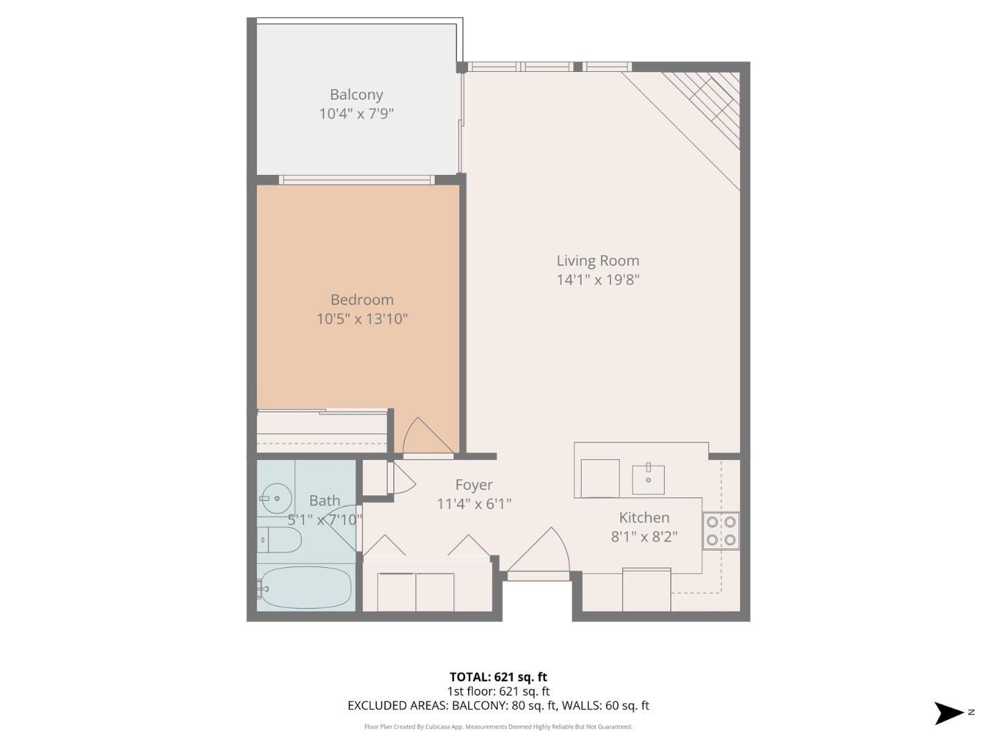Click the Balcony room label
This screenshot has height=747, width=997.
pyautogui.click(x=356, y=95)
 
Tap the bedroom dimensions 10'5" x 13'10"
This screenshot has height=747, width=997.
pyautogui.click(x=361, y=319)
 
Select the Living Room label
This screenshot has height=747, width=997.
pyautogui.click(x=598, y=261)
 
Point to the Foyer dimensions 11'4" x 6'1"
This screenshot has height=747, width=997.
pyautogui.click(x=474, y=504)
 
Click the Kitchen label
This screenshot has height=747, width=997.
pyautogui.click(x=644, y=517)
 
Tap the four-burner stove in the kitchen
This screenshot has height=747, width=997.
pyautogui.click(x=721, y=531)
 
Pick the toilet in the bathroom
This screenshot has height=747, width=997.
pyautogui.click(x=280, y=539)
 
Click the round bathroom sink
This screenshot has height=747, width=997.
pyautogui.click(x=276, y=497)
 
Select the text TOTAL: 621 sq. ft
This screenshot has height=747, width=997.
pyautogui.click(x=498, y=677)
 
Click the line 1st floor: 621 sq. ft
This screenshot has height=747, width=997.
pyautogui.click(x=498, y=691)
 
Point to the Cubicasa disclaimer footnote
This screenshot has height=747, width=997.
pyautogui.click(x=498, y=727)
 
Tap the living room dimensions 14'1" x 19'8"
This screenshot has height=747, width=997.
pyautogui.click(x=598, y=280)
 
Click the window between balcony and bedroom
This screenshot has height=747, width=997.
pyautogui.click(x=357, y=180)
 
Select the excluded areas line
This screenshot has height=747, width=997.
pyautogui.click(x=498, y=705)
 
